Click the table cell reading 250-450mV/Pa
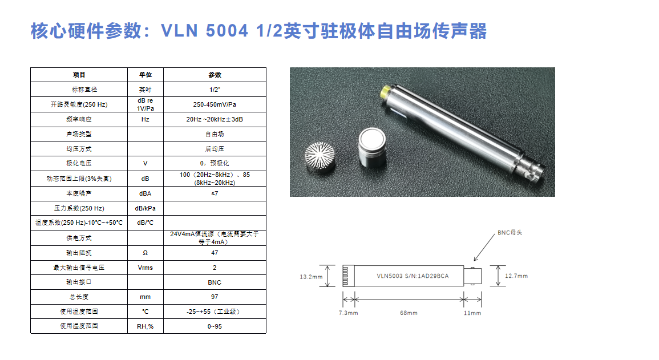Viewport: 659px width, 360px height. [x=215, y=104]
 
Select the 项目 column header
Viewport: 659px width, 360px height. [x=79, y=75]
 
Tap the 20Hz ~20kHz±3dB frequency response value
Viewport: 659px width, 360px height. [x=215, y=119]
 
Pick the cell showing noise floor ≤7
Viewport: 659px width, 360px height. [x=215, y=193]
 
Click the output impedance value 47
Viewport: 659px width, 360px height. [x=215, y=253]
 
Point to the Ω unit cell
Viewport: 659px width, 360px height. [x=145, y=253]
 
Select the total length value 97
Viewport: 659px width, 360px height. [x=215, y=297]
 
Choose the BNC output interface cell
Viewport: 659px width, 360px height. [x=215, y=282]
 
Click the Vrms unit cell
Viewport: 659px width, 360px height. [x=145, y=268]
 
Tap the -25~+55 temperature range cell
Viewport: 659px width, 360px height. [x=215, y=312]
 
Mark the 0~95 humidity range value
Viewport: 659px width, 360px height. [x=215, y=326]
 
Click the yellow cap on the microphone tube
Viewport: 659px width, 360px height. [x=385, y=92]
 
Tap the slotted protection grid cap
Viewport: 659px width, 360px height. [x=320, y=157]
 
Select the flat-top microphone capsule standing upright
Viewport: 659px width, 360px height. [x=373, y=147]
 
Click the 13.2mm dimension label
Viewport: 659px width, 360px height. [x=311, y=277]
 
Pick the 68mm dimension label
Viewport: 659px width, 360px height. [x=409, y=313]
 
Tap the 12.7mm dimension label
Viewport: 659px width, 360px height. [x=516, y=276]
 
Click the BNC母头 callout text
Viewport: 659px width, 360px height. [x=510, y=232]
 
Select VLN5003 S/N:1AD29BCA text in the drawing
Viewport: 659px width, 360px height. [x=413, y=276]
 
